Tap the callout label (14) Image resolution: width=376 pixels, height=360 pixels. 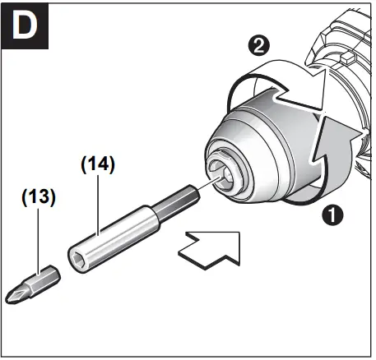[96, 164]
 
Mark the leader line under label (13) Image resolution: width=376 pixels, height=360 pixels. [37, 238]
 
